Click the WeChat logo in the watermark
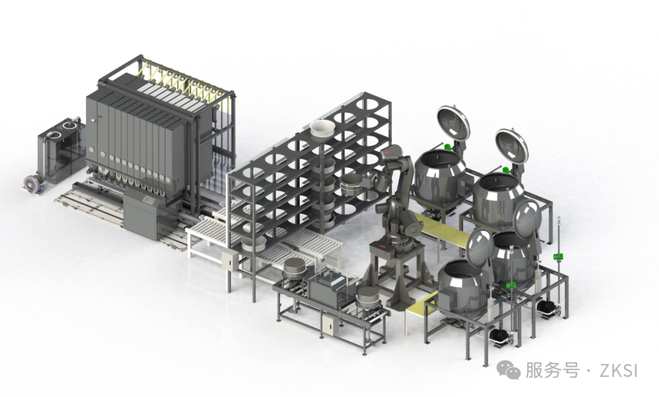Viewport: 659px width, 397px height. click(x=509, y=370)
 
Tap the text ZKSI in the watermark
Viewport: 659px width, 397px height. click(x=619, y=371)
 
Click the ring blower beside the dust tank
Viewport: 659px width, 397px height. click(x=34, y=184)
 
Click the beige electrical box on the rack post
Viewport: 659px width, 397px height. click(x=230, y=260)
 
